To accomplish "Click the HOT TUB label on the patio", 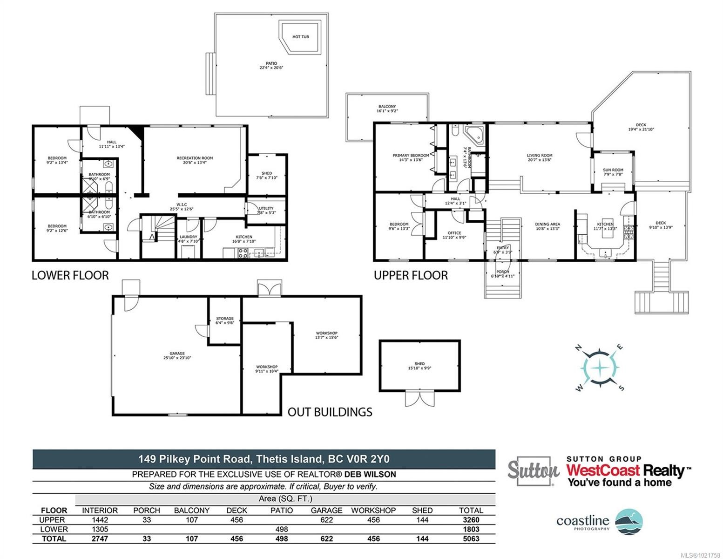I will (300, 37).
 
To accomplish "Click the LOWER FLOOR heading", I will (70, 276).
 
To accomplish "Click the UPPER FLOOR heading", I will (411, 276).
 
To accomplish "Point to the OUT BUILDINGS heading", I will (330, 412).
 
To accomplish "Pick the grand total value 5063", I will (469, 539).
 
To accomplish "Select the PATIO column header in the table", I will (282, 511).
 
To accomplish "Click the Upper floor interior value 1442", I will (100, 520).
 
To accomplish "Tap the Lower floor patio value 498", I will (282, 529).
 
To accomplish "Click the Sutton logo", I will (533, 471).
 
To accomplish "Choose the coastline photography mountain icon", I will (629, 522).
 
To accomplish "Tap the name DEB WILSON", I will (370, 475).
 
